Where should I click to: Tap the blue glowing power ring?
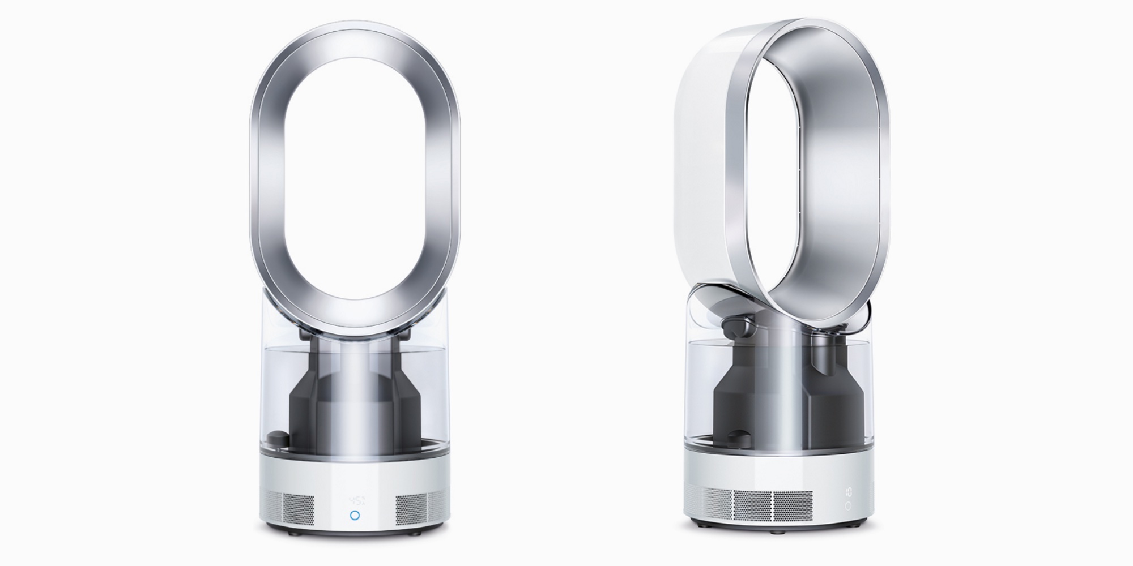355,516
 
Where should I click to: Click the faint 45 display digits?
355,501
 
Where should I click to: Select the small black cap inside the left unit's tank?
276,438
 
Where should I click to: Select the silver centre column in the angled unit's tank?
782,396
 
